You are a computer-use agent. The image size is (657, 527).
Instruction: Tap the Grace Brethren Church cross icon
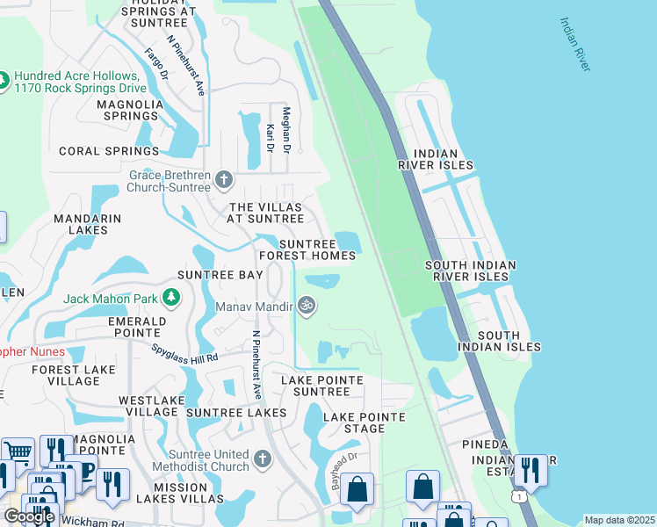pyautogui.click(x=224, y=180)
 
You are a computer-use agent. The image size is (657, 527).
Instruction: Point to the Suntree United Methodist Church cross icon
pyautogui.click(x=263, y=459)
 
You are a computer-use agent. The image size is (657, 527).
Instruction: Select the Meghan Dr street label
pyautogui.click(x=286, y=127)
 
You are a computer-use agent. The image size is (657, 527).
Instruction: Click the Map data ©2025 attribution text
pyautogui.click(x=619, y=520)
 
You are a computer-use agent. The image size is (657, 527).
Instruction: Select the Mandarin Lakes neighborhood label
pyautogui.click(x=81, y=224)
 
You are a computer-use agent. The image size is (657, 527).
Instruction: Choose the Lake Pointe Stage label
pyautogui.click(x=365, y=422)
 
